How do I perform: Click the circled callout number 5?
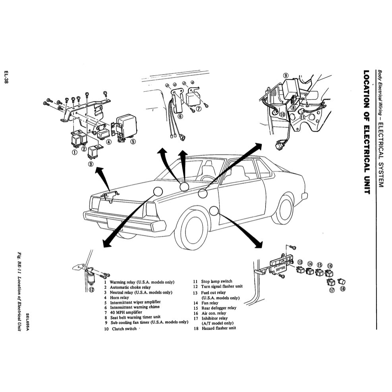point(133,141)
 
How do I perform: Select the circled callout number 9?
point(286,75)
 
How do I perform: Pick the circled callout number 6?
point(180,117)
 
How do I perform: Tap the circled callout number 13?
point(300,263)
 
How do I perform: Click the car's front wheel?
point(192,230)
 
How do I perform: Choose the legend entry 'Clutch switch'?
point(124,329)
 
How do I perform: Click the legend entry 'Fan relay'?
point(211,303)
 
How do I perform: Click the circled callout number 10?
point(282,114)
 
